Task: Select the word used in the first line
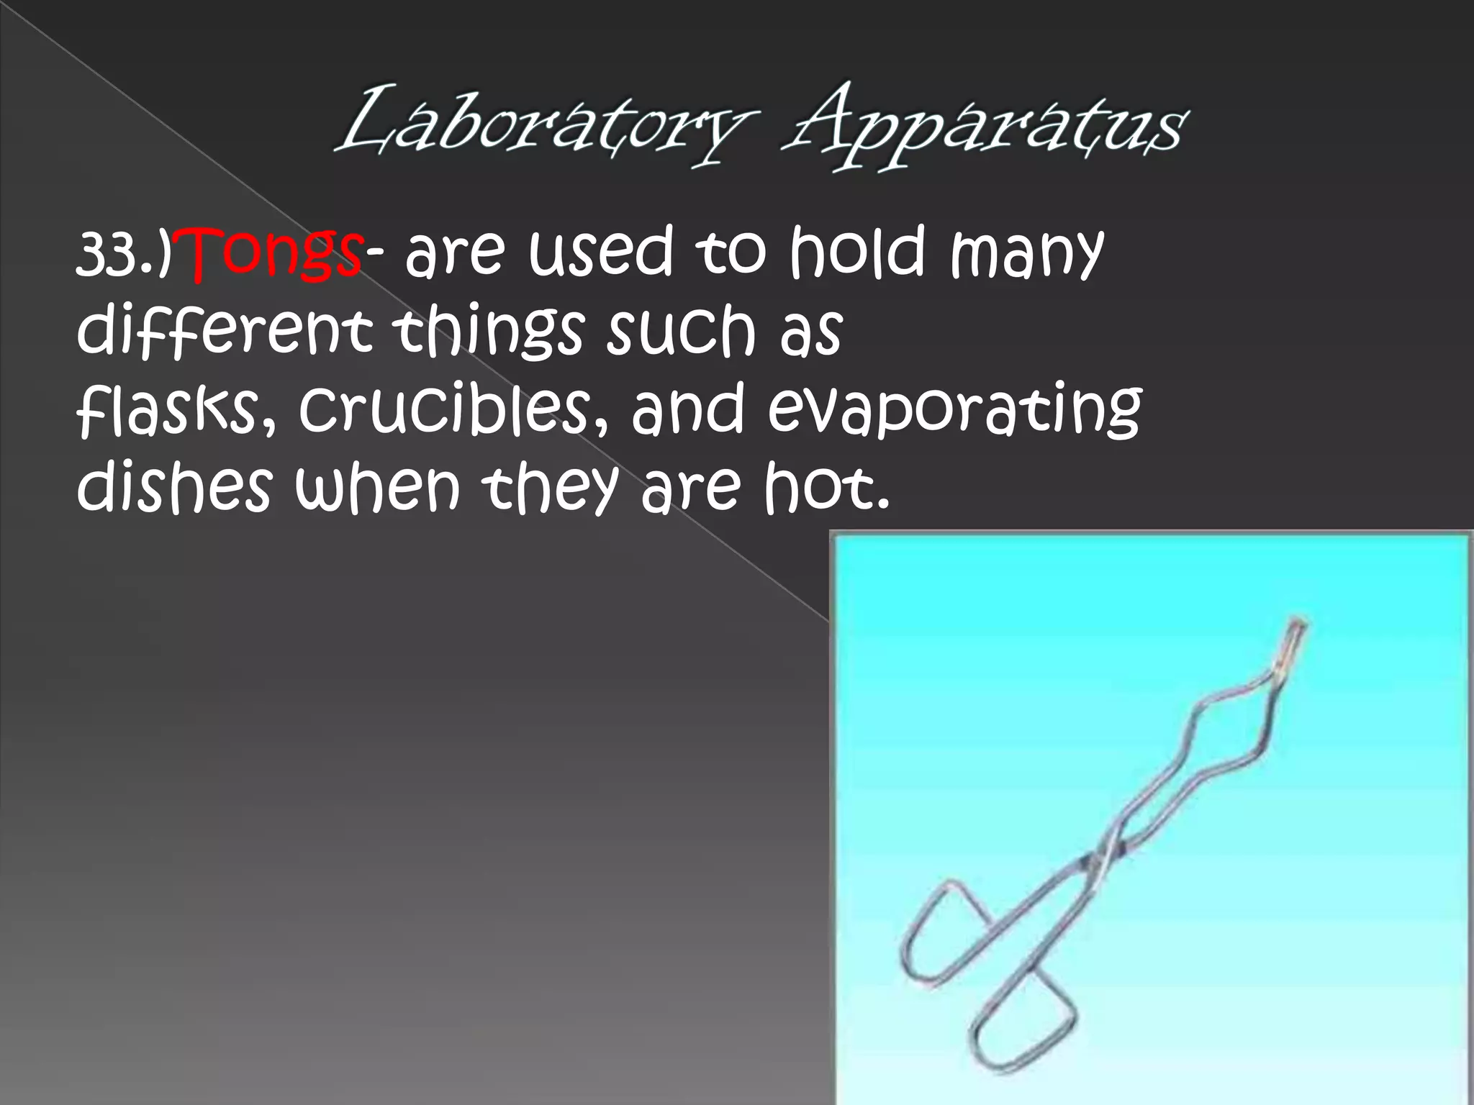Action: [600, 252]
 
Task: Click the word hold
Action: [856, 252]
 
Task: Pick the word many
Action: [1026, 253]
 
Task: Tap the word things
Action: [489, 331]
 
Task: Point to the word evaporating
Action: [954, 410]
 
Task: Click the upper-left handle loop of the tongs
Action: [936, 932]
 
